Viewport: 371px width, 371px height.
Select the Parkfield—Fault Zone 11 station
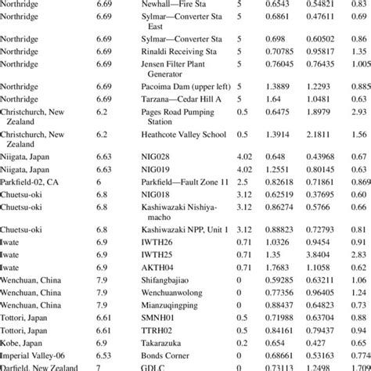[x=185, y=181]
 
